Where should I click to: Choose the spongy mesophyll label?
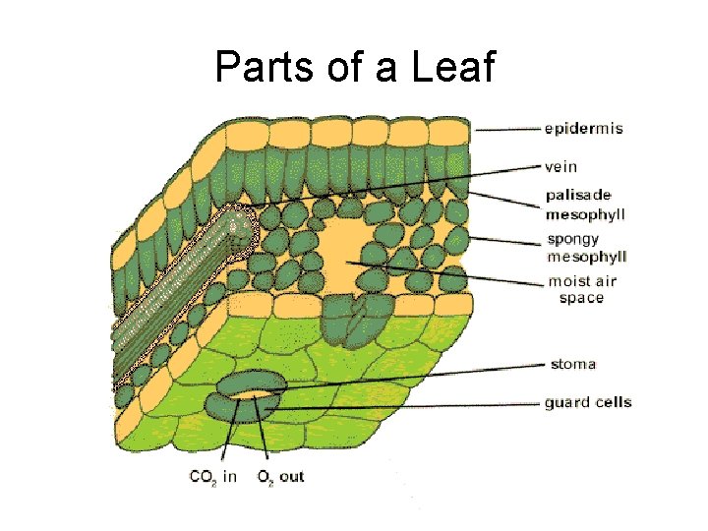click(586, 249)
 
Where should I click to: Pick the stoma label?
click(573, 364)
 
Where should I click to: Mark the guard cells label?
click(588, 402)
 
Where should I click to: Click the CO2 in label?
click(212, 477)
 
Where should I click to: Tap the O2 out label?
click(281, 477)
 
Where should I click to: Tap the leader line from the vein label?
click(393, 185)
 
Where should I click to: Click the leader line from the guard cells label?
click(413, 404)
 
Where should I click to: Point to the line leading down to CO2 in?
click(229, 433)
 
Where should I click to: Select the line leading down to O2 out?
click(264, 433)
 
